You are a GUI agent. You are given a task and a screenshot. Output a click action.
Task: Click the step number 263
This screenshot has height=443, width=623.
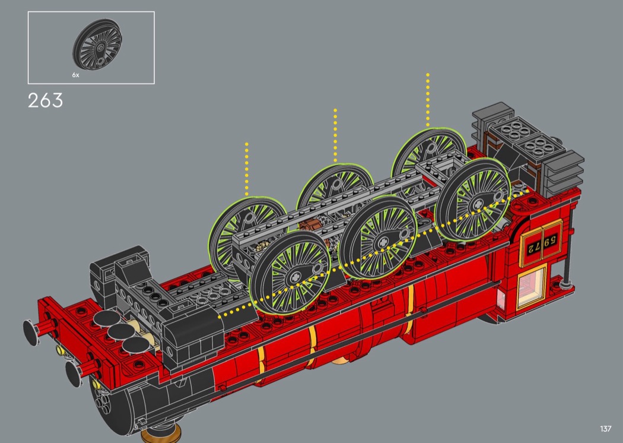pos(45,100)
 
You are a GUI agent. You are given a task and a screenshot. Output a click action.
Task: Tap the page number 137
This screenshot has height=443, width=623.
pos(606,429)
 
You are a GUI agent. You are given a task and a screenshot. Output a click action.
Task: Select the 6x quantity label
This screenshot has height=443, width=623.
pos(75,75)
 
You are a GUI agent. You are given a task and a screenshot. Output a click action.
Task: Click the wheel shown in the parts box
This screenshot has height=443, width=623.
pos(97,45)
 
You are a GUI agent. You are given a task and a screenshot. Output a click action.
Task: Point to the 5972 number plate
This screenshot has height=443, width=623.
pos(542,243)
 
